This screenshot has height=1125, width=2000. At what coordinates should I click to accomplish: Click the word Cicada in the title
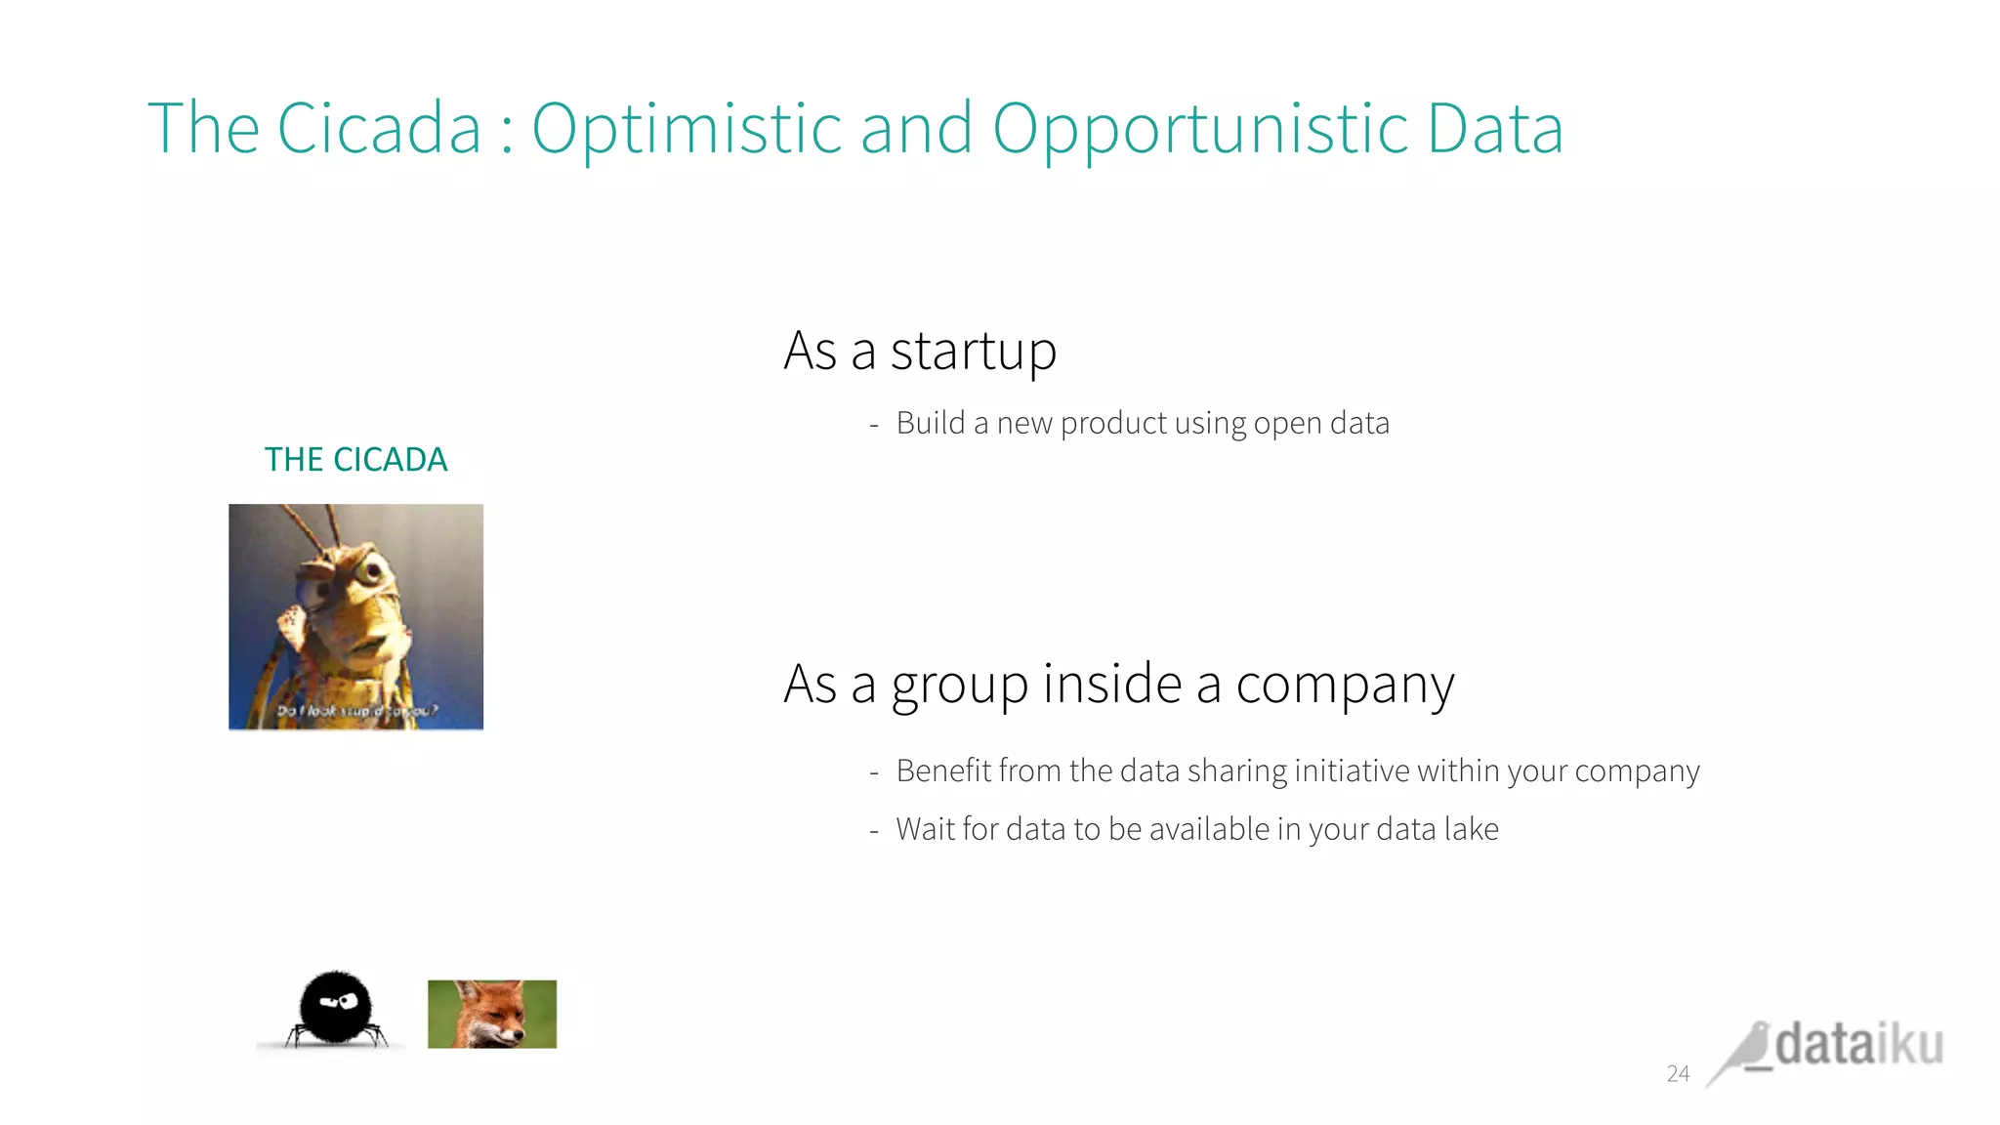[x=379, y=128]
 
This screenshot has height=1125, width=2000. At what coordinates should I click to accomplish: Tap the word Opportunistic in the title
[x=1199, y=128]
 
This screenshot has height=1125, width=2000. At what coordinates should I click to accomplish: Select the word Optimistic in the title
[x=687, y=128]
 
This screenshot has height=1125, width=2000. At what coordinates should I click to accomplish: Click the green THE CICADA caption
[x=355, y=459]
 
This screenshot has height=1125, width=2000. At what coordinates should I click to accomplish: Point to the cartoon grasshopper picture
[x=355, y=616]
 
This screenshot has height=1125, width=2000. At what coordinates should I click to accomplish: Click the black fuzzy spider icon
[x=334, y=1009]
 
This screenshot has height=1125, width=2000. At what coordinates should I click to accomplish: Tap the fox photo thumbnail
[x=492, y=1014]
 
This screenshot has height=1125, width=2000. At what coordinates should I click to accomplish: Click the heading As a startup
[x=920, y=351]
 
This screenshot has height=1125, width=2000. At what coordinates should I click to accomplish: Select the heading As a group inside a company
[x=1118, y=684]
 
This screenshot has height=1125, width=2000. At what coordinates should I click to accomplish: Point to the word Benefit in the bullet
[x=942, y=771]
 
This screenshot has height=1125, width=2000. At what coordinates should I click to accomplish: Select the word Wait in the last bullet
[x=925, y=829]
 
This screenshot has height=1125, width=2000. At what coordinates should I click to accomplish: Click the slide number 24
[x=1678, y=1073]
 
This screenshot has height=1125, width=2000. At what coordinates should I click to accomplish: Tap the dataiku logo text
[x=1858, y=1045]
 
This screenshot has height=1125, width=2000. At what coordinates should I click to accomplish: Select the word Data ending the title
[x=1494, y=128]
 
